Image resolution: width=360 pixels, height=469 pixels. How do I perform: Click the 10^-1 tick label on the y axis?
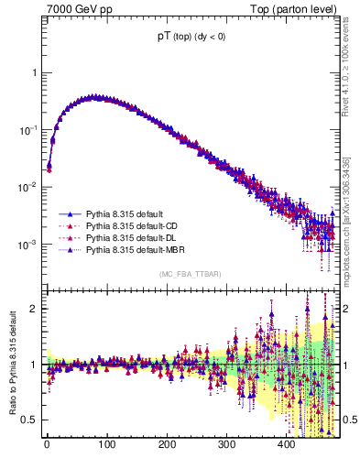pos(27,130)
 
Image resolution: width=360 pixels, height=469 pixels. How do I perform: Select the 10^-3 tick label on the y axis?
pos(27,245)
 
